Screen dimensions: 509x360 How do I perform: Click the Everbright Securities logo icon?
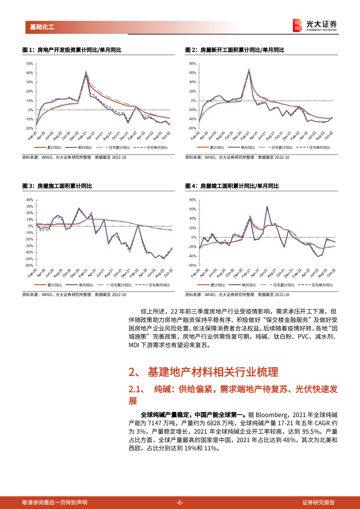(297, 25)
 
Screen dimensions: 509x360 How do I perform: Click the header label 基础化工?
(42, 27)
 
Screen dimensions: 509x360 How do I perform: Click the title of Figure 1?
(72, 50)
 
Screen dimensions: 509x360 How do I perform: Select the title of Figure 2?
(235, 50)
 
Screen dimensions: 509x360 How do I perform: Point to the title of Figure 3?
(57, 186)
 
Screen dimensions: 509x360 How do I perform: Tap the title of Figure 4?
(232, 186)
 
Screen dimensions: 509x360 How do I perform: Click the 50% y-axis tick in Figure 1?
(30, 64)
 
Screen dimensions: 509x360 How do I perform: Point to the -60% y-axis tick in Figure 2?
(192, 128)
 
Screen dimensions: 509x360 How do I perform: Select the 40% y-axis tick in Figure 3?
(30, 200)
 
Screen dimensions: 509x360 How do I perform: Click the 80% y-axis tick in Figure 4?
(193, 200)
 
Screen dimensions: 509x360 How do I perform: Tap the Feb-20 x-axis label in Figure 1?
(32, 136)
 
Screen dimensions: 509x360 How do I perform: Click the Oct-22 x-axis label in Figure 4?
(331, 273)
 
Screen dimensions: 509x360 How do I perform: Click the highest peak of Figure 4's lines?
(267, 206)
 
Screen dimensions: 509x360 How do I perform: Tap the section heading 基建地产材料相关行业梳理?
(213, 372)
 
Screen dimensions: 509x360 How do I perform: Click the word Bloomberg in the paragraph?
(272, 415)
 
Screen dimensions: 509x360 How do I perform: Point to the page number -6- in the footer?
(180, 503)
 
